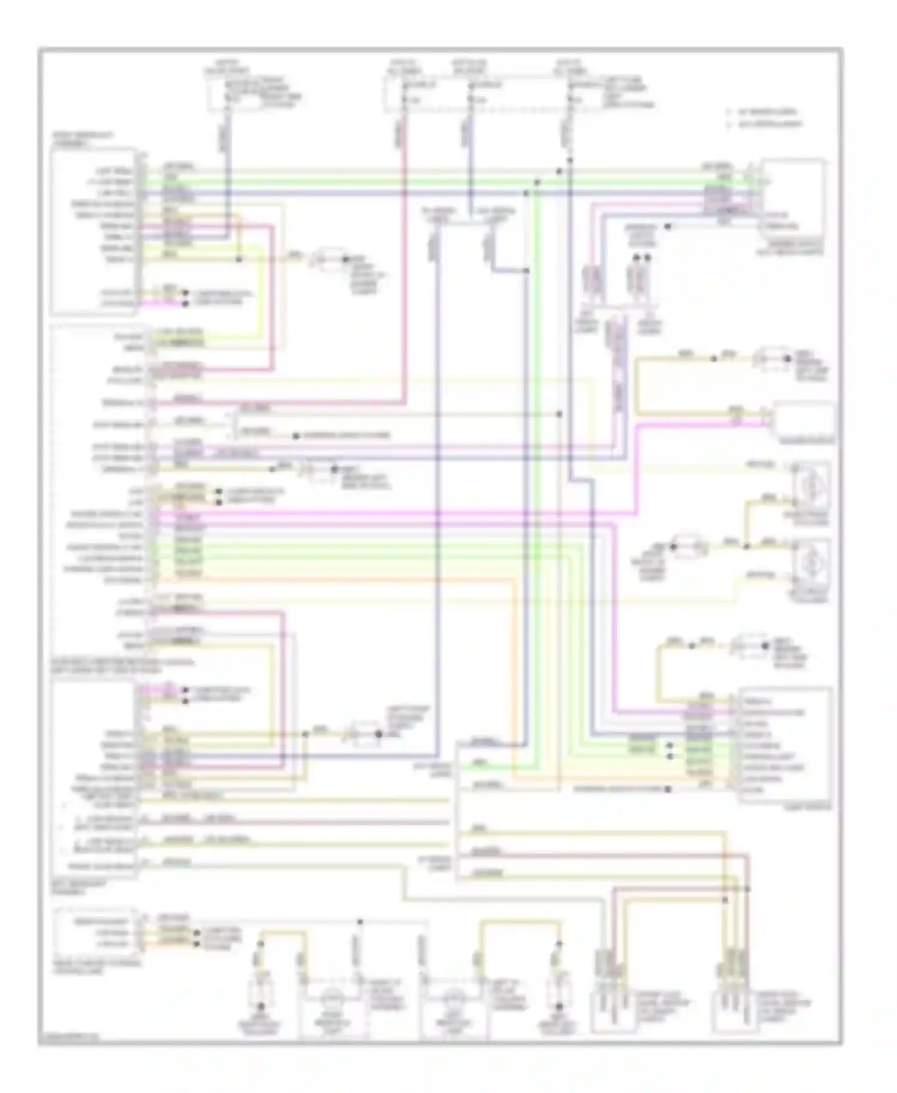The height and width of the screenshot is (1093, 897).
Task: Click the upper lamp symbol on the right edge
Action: (x=810, y=486)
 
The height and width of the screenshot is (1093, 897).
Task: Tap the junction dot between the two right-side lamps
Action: (x=746, y=545)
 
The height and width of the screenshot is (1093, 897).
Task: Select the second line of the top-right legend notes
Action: (x=765, y=124)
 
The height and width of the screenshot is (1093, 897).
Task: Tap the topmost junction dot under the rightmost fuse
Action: (x=569, y=160)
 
